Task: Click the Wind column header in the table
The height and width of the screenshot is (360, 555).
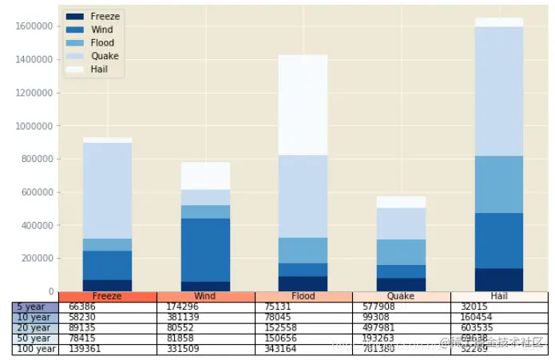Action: point(205,296)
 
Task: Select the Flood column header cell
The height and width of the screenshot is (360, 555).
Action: point(303,296)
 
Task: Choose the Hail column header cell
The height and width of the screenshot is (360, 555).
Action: point(499,296)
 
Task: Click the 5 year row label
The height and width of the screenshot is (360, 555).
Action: point(34,307)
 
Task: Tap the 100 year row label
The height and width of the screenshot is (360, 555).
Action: point(34,349)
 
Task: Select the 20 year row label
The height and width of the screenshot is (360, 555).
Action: point(34,328)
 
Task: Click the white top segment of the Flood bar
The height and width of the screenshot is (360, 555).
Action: point(303,105)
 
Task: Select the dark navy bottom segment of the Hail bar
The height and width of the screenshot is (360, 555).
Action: point(499,280)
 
